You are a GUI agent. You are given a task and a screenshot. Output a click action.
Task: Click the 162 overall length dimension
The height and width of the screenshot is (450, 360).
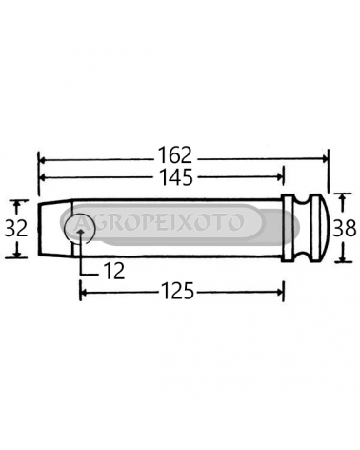coord(175,155)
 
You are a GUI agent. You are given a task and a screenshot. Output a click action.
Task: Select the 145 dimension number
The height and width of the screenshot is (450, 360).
coord(176,177)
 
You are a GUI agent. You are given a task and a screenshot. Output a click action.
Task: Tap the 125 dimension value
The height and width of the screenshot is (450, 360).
coord(177,291)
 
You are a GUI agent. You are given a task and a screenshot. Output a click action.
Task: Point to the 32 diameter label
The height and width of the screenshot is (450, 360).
coord(16,228)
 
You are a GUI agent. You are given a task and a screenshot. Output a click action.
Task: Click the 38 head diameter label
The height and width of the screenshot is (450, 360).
coord(345,228)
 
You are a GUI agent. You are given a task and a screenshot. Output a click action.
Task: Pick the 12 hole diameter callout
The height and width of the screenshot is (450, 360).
coord(114,271)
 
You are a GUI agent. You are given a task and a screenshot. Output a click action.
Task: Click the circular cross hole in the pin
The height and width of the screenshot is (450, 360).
coord(79,229)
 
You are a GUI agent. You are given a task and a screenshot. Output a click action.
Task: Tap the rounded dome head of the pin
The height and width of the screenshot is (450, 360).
coord(319,228)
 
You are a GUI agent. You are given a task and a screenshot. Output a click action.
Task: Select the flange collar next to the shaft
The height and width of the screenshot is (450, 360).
coord(288,228)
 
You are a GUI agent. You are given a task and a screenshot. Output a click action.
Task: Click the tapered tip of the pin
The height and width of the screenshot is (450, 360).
coord(55,228)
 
